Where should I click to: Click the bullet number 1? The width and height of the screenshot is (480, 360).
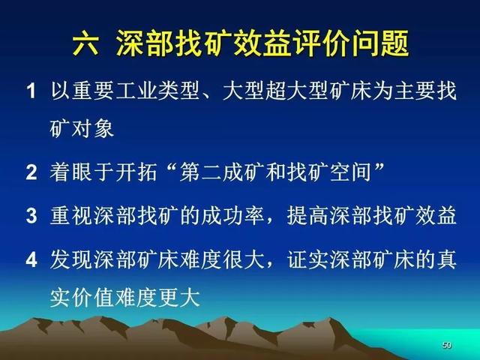point(31,91)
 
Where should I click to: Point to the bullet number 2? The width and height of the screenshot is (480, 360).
point(31,172)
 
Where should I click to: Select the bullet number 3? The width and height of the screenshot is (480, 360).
point(31,215)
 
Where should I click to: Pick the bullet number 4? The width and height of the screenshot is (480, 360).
point(31,259)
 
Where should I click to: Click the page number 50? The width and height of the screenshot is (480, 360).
point(447,345)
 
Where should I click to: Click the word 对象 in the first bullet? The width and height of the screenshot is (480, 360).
point(93,127)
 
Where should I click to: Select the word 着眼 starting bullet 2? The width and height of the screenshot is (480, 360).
point(71,172)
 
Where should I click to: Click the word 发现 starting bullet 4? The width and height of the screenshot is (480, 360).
point(71,259)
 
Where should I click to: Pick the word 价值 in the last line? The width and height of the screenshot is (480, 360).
point(93,297)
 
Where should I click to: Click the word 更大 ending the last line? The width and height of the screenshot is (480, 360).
point(179,297)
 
